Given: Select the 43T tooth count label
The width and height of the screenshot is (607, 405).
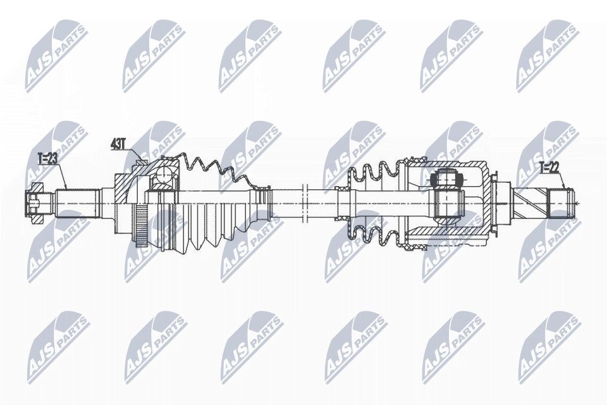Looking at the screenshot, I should pos(118,145).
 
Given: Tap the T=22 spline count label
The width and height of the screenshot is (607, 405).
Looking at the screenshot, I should pos(549,167).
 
